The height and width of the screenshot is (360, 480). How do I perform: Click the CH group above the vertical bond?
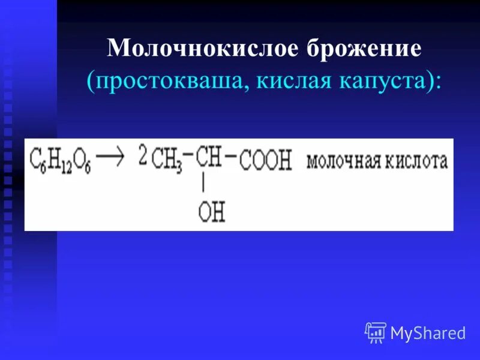209,157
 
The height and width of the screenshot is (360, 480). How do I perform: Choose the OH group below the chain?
211,211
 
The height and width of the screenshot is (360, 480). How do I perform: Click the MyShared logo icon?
376,332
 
